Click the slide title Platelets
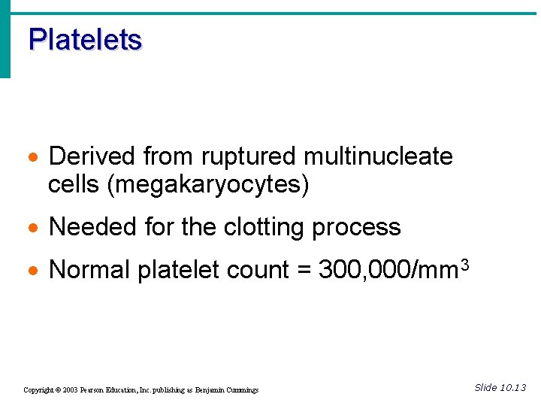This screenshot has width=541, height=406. [85, 40]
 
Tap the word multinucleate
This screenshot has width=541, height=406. [378, 156]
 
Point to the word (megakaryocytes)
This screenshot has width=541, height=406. [208, 184]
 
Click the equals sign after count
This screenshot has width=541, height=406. [304, 271]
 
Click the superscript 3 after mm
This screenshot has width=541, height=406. [465, 263]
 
